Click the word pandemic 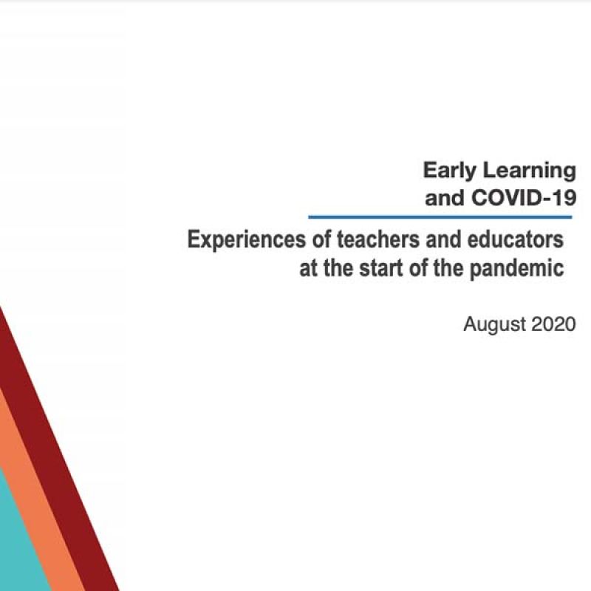tap(516, 268)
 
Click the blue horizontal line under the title tap(440, 217)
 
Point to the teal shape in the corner tap(15, 547)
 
